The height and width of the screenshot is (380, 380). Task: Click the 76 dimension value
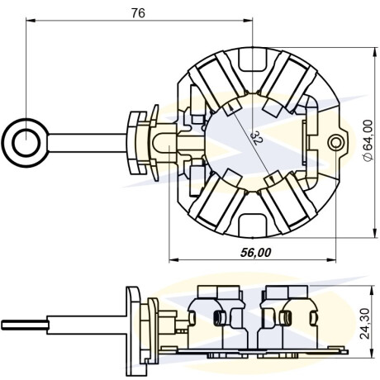coord(138,13)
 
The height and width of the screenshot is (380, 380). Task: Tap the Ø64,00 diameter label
coord(368,140)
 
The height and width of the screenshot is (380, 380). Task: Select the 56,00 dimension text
coord(256,252)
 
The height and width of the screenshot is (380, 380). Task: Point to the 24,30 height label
coord(366,323)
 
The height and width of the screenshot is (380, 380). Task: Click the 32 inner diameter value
coord(258,138)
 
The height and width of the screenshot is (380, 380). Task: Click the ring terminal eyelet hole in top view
coord(26,143)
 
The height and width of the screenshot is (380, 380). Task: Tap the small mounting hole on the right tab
coord(336,143)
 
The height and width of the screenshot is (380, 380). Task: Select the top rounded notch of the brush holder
coord(253,59)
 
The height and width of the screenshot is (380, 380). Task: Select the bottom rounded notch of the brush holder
coord(253,225)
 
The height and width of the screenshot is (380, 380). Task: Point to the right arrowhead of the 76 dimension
coord(248,20)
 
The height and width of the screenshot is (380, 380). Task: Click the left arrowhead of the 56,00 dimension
coord(173,260)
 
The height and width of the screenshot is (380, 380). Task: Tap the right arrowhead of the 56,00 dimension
coord(331,260)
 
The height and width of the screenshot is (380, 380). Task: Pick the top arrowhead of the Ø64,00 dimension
coord(374,52)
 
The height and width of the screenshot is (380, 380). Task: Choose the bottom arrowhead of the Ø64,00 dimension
coord(374,233)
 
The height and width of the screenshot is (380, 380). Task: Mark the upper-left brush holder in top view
coord(216,80)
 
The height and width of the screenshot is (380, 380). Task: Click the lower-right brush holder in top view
coord(287,205)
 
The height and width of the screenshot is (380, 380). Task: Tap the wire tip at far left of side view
coord(2,325)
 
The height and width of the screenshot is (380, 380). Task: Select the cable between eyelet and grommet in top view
coord(88,143)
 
